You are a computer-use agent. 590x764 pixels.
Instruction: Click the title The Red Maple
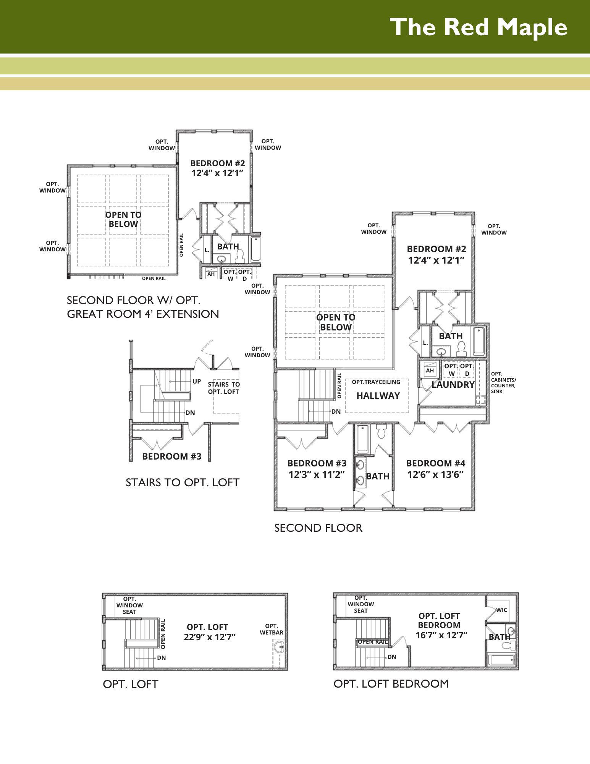point(478,27)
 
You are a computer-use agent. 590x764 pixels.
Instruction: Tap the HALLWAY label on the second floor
point(378,396)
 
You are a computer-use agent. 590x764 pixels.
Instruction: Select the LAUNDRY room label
point(453,385)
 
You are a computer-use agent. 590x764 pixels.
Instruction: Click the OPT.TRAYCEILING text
point(376,382)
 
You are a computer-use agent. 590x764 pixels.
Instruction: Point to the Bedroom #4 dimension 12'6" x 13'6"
point(435,475)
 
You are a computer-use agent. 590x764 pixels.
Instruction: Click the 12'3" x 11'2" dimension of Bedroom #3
point(317,475)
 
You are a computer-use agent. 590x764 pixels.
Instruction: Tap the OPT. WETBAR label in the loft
point(272,629)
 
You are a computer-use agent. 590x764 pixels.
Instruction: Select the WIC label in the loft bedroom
point(501,610)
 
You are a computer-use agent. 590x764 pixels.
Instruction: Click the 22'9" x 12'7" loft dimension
point(210,637)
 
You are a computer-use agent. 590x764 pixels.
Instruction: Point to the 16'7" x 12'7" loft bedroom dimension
point(441,635)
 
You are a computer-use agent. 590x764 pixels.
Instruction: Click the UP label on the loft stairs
point(197,381)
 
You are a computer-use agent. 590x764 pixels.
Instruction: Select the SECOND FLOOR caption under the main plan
point(318,528)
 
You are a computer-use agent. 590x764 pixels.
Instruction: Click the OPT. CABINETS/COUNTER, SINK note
point(503,383)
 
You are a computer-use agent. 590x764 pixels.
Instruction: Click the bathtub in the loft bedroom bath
point(502,660)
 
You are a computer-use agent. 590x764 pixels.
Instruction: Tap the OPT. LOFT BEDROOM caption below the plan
point(391,684)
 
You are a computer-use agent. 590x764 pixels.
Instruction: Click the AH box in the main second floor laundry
point(430,369)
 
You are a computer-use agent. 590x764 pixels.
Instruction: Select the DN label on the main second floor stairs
point(336,412)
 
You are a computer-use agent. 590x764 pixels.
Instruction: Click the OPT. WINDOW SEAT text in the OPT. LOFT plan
point(129,605)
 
